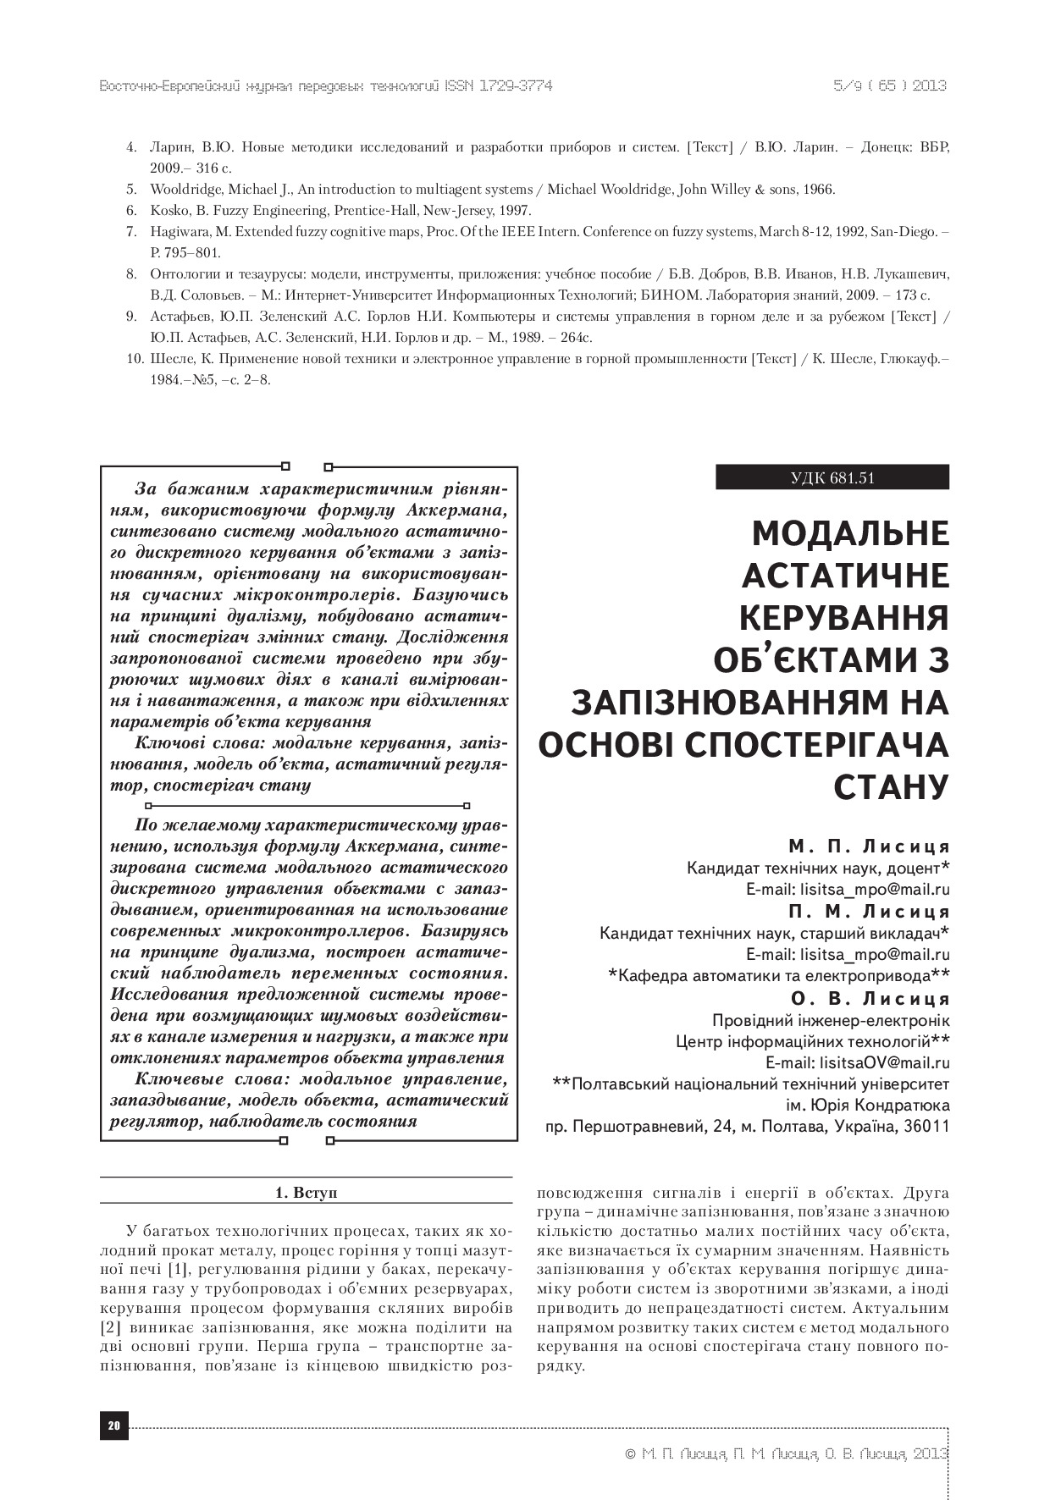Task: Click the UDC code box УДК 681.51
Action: point(832,477)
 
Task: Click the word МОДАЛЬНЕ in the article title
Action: point(850,534)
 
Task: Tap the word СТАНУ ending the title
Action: point(891,786)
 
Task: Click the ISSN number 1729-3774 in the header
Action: point(516,86)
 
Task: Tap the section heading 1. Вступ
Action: point(306,1192)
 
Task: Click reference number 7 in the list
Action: point(131,231)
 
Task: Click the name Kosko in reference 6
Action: point(167,210)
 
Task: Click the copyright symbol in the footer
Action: point(629,1454)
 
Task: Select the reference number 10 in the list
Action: point(134,359)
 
